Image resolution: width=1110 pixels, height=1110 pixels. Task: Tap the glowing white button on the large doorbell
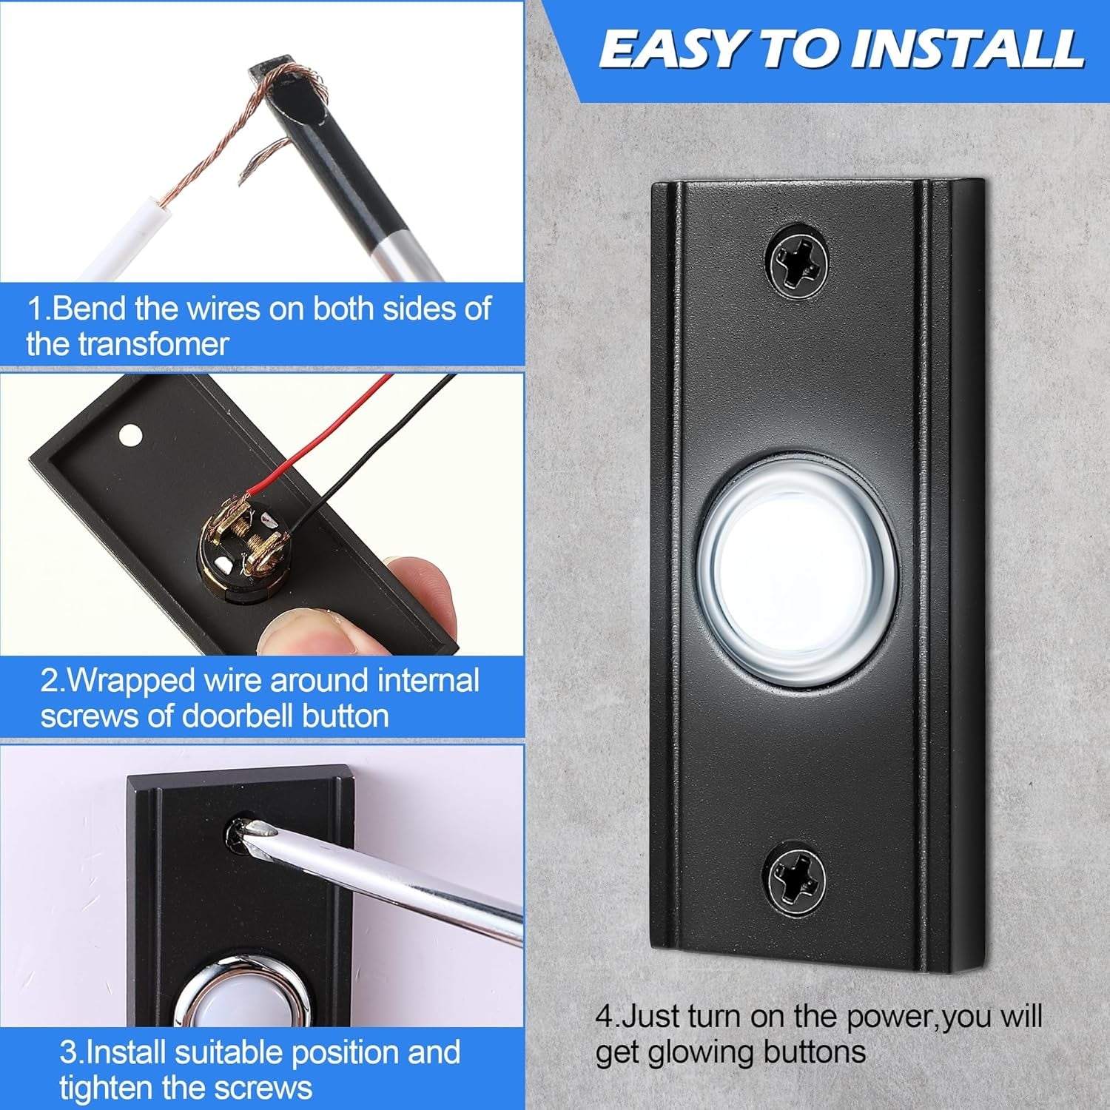coord(780,573)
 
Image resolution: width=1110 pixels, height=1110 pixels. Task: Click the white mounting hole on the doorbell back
coord(131,433)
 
